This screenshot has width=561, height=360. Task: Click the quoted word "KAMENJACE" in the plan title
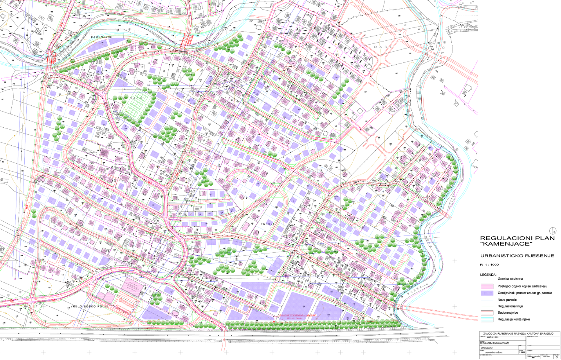[507, 244]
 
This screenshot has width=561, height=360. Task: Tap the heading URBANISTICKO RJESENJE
[517, 256]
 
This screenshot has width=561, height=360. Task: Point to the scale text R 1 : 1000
[489, 264]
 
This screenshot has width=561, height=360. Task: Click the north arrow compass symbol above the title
[553, 230]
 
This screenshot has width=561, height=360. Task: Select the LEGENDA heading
[488, 275]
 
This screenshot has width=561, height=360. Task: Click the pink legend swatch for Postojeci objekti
[487, 286]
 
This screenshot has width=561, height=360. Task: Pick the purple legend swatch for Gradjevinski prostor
[487, 293]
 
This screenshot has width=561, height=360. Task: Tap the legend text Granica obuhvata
[510, 279]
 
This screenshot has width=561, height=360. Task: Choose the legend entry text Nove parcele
[507, 300]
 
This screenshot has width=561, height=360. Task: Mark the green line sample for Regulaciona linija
[487, 306]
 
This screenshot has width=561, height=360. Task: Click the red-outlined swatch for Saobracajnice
[487, 313]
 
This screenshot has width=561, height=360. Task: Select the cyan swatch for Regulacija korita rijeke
[487, 319]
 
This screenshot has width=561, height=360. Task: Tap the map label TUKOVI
[268, 224]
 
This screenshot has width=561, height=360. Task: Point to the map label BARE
[383, 47]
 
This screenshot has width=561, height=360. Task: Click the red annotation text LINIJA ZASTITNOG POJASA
[297, 315]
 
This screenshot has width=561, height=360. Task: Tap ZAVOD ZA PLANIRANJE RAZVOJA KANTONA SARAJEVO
[518, 333]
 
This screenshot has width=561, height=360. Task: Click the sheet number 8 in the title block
[556, 356]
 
